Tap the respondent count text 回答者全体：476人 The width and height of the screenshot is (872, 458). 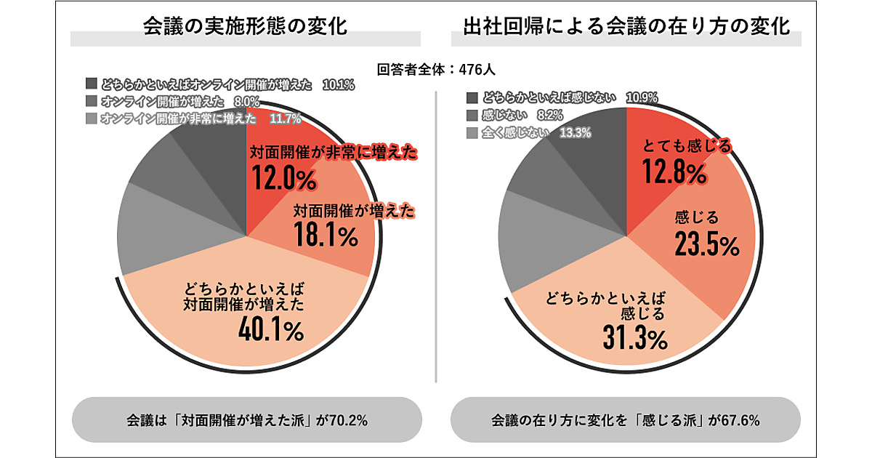[x=437, y=71]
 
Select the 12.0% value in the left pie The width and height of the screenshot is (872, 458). [x=284, y=177]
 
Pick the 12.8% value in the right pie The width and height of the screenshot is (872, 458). [x=674, y=172]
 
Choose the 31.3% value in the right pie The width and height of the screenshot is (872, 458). [x=634, y=338]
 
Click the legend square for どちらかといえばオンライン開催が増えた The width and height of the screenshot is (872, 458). [x=91, y=84]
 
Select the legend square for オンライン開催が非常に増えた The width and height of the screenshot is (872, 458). [x=91, y=118]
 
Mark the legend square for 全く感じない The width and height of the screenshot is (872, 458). [x=472, y=132]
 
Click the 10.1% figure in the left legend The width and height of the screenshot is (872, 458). [x=338, y=85]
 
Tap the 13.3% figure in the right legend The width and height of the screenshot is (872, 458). [x=575, y=132]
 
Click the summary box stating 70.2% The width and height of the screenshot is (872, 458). [x=247, y=420]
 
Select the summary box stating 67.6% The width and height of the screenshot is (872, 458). [x=626, y=420]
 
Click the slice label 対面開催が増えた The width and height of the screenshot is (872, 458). [x=354, y=212]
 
